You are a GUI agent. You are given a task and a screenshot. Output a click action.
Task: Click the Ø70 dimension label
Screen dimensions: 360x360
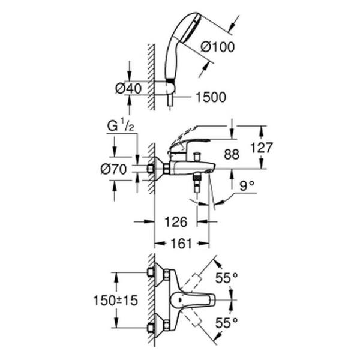pyautogui.click(x=113, y=169)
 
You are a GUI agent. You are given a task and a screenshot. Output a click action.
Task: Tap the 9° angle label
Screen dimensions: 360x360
pyautogui.click(x=248, y=187)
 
